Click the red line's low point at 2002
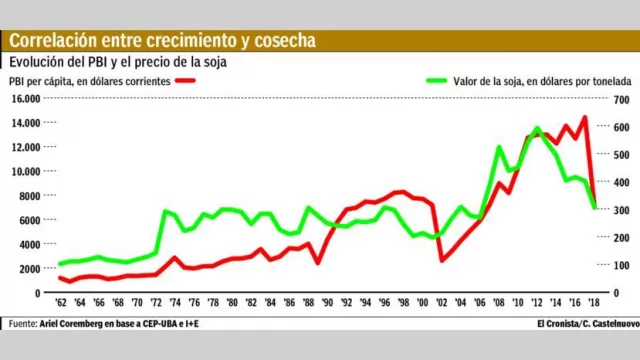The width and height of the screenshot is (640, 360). pyautogui.click(x=442, y=260)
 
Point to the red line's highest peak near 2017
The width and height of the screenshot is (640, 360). pyautogui.click(x=584, y=117)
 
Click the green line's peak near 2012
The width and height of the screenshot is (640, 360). pyautogui.click(x=537, y=129)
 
